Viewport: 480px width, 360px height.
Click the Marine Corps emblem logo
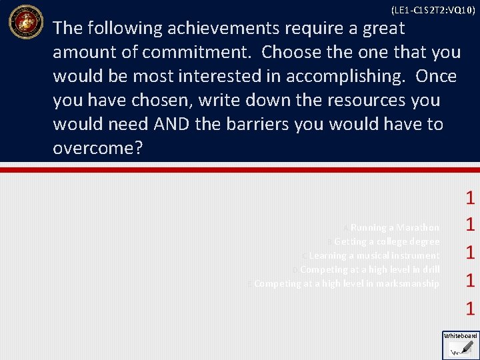[x=25, y=22]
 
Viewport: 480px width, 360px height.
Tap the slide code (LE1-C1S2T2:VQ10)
[x=433, y=10]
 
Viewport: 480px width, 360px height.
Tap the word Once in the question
[x=436, y=76]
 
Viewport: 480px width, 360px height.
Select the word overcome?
[x=98, y=148]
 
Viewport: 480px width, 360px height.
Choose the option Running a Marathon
[x=395, y=227]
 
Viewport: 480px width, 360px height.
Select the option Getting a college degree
[x=387, y=241]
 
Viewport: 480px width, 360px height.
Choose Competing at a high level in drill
[x=369, y=269]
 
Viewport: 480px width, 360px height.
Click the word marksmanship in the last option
[x=407, y=283]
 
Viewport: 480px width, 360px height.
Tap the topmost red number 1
[x=470, y=197]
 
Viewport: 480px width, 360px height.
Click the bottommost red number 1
[x=470, y=308]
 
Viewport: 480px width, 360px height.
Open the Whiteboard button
[x=461, y=343]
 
